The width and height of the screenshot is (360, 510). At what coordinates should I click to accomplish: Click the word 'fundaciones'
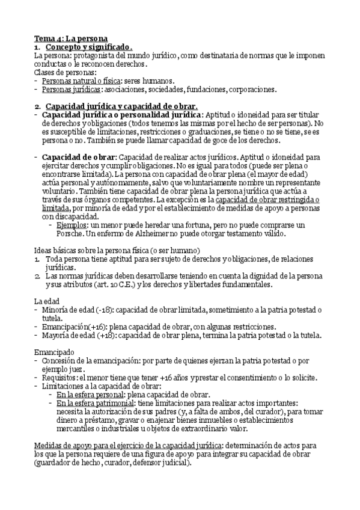[201, 89]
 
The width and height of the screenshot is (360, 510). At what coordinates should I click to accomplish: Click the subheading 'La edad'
[47, 301]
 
